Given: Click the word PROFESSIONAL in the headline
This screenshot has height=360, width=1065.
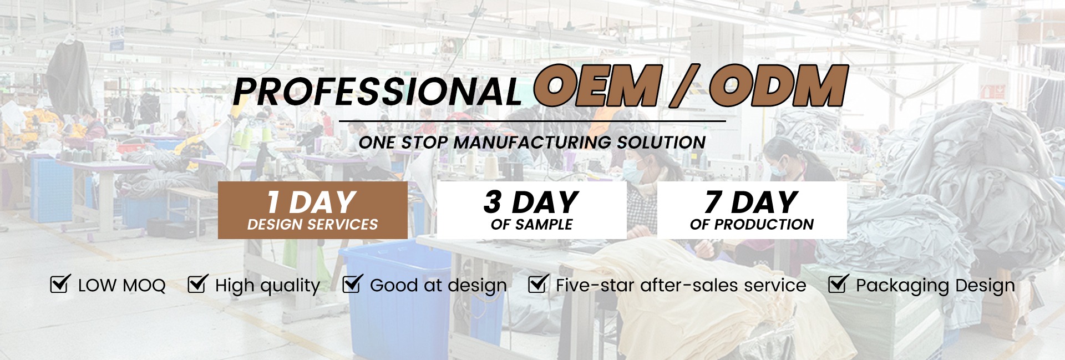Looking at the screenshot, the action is (377, 91).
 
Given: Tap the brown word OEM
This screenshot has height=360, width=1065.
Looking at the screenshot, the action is (597, 85).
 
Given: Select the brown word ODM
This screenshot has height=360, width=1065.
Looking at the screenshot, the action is (778, 85).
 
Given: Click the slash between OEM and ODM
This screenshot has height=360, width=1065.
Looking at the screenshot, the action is (686, 85).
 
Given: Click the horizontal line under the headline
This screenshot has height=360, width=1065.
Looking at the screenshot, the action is (532, 121).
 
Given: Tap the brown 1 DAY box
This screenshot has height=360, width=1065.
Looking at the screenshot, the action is (313, 210).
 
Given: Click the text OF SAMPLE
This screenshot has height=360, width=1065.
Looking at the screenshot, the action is (531, 225).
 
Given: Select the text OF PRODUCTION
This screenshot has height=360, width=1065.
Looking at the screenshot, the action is (752, 225).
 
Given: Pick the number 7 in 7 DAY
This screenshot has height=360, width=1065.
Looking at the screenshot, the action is (713, 202).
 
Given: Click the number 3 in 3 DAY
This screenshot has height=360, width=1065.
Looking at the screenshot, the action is (493, 202).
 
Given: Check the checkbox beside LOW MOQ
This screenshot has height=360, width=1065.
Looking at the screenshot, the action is (60, 283).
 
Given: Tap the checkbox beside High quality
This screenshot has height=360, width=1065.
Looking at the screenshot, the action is (197, 283).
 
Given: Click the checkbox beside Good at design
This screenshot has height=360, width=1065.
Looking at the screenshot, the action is (352, 283).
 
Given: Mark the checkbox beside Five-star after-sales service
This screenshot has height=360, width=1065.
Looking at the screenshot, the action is (538, 283).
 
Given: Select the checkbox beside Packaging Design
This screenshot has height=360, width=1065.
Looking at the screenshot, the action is (838, 283).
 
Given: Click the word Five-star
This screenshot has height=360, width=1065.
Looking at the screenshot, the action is (596, 285).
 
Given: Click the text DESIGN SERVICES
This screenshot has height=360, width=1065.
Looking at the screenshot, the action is (313, 225).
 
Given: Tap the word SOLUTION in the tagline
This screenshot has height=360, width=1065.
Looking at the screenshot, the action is (661, 143).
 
